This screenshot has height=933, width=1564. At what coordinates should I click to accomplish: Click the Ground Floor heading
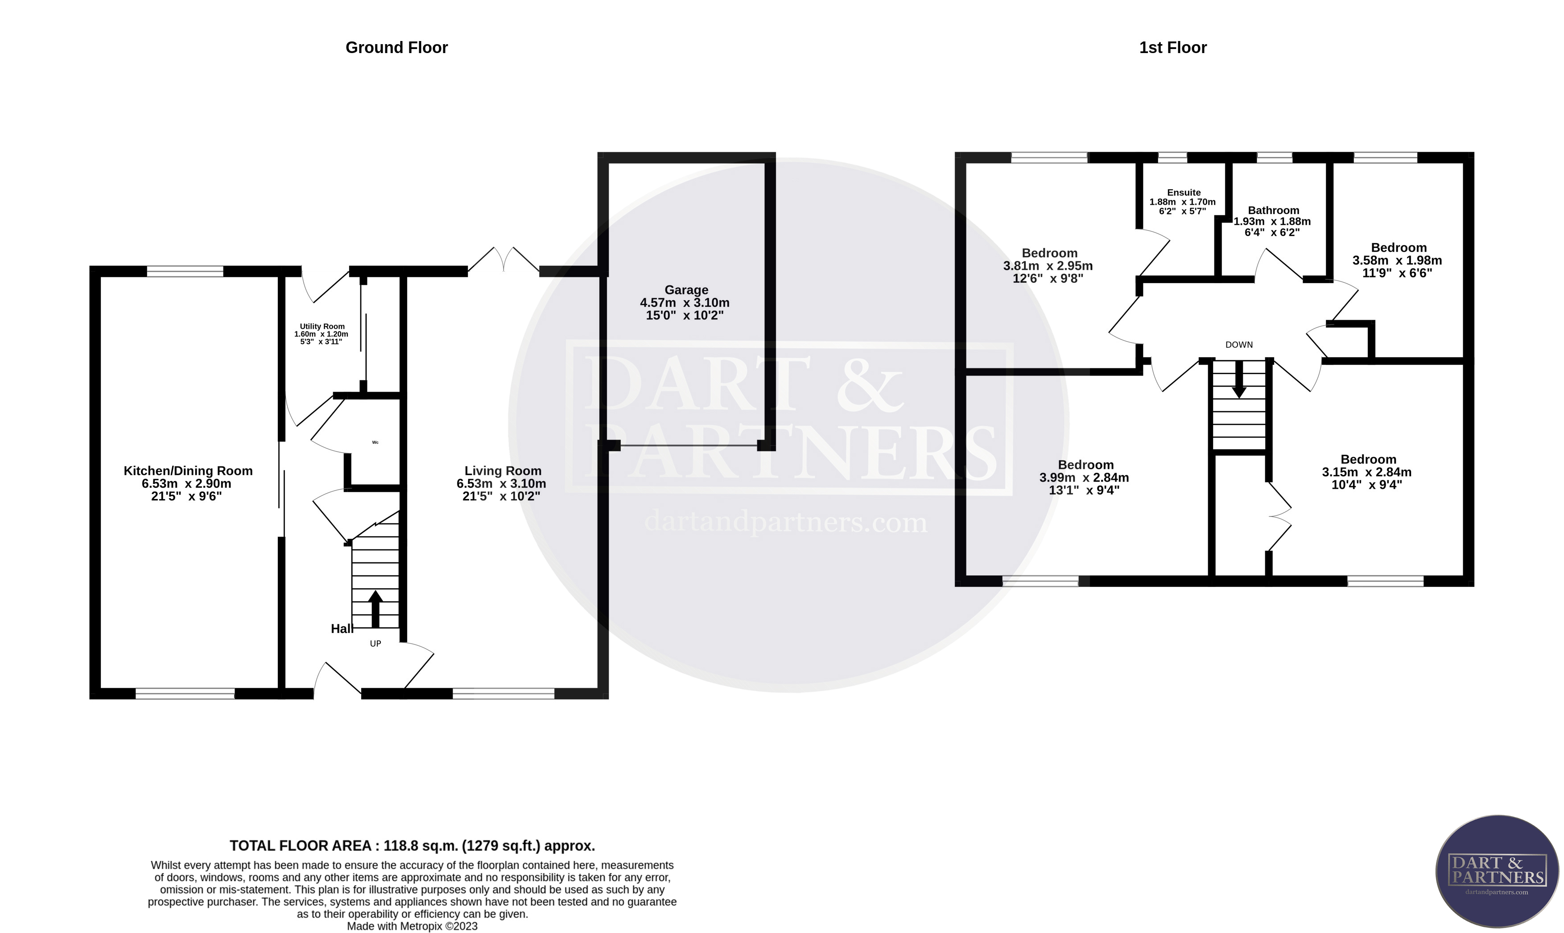[396, 48]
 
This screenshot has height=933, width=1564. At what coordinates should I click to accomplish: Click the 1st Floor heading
[1172, 48]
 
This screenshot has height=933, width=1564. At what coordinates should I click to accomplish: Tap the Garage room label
[686, 290]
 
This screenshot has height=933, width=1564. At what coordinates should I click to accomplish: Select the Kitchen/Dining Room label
[188, 471]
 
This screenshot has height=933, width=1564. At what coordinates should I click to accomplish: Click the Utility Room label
[322, 326]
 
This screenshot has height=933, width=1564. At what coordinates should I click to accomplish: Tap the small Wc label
[376, 442]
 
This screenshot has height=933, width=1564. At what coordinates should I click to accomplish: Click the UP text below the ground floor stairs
[376, 644]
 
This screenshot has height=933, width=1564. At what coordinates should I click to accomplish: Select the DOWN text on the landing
[1238, 345]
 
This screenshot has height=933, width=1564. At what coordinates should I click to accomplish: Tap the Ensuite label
[1184, 192]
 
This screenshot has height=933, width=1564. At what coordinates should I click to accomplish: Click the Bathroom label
[1273, 211]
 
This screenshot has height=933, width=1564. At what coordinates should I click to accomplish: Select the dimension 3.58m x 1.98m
[1397, 260]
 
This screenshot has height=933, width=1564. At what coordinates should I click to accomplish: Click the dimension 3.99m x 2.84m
[1084, 478]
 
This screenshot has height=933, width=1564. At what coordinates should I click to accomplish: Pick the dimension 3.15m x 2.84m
[1366, 472]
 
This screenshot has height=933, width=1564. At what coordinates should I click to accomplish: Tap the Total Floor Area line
[412, 846]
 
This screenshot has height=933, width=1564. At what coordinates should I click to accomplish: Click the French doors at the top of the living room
[503, 260]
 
